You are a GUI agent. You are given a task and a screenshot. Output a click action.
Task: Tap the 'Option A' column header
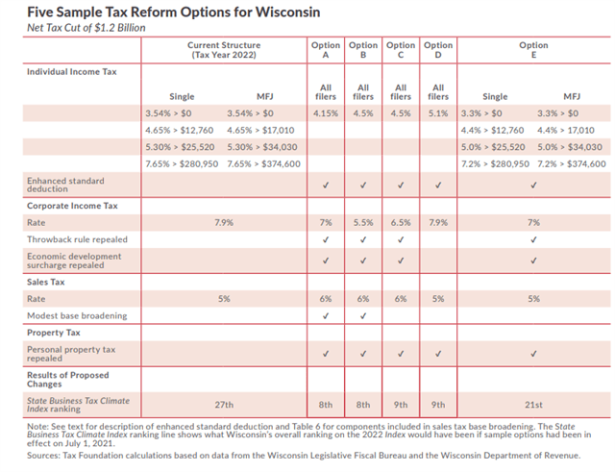click(326, 50)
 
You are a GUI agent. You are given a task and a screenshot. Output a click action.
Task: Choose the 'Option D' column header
click(438, 50)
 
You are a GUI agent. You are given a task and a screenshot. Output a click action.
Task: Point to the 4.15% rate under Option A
click(326, 113)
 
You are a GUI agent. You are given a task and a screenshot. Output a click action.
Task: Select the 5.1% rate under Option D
click(438, 113)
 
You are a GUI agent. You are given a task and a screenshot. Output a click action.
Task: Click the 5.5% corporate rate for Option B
click(363, 222)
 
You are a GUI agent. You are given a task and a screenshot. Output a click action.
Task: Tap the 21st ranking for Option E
click(533, 405)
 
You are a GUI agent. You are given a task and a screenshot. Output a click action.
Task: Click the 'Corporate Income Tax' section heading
click(72, 205)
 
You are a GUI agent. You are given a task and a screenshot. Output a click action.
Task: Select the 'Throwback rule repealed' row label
click(77, 239)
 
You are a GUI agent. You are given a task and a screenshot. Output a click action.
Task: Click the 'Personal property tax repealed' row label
click(71, 353)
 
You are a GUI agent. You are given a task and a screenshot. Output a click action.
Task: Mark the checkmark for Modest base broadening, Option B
click(363, 314)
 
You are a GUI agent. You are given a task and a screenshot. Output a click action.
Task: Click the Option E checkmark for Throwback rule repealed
click(533, 239)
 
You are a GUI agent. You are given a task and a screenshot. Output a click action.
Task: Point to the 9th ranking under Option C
click(401, 405)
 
